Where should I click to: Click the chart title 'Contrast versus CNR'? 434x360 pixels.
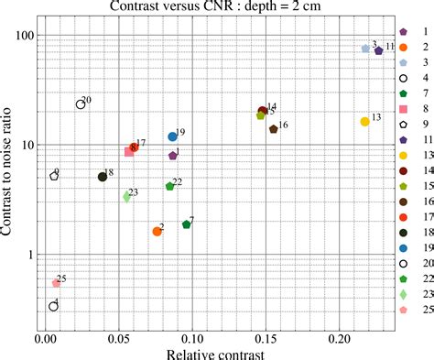(x=218, y=8)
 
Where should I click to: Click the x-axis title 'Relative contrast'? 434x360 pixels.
(x=217, y=352)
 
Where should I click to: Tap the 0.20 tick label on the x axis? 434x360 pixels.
(x=340, y=337)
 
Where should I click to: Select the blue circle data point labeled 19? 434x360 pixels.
(x=172, y=136)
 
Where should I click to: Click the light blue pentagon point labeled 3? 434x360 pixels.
(x=365, y=49)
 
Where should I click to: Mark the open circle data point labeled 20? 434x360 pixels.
(x=81, y=104)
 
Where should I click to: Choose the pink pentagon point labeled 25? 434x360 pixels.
(x=56, y=284)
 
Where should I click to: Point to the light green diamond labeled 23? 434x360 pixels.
(x=126, y=197)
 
